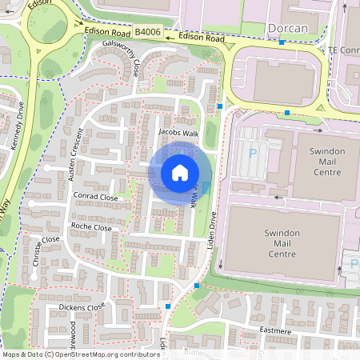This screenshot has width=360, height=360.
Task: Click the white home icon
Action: tap(180, 172)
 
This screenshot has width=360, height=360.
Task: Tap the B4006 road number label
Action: tap(147, 33)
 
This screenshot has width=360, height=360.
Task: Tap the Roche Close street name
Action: tap(91, 227)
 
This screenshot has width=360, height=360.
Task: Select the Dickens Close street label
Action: tap(84, 306)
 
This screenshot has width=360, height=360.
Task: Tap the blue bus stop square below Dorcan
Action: tap(282, 42)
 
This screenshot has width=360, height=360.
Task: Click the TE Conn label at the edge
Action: tap(344, 50)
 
